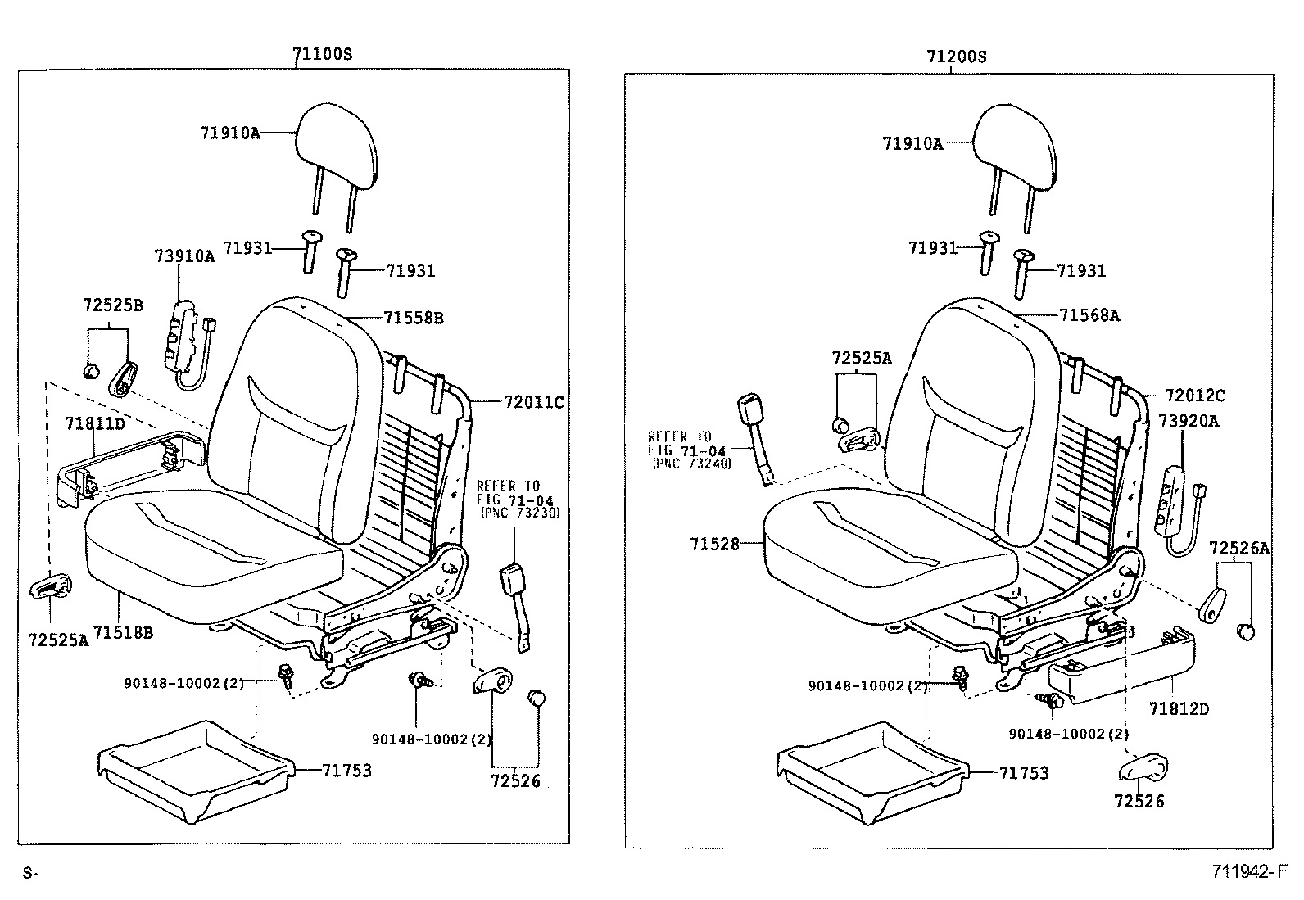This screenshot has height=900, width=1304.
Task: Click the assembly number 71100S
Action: point(323,55)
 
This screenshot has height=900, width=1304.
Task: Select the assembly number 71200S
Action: point(956,57)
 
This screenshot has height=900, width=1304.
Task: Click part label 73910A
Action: point(184,256)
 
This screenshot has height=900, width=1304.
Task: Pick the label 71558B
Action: point(413,318)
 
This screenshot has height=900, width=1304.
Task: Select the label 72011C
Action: point(533,402)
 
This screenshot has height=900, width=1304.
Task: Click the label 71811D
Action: point(95,423)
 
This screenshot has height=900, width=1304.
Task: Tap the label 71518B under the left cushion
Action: point(123,632)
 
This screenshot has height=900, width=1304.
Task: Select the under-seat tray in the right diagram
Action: point(872,771)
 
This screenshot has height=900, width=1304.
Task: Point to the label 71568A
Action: point(1089,314)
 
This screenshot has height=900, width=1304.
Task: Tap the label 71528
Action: point(714,544)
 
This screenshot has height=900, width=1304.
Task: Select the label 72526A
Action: point(1238,549)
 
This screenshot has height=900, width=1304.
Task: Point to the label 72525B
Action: point(112,305)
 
